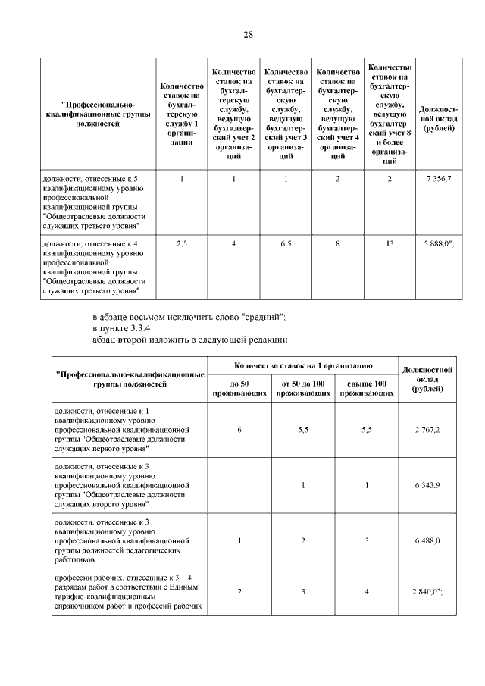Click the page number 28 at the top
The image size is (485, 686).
coord(248,35)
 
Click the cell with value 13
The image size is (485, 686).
coord(390,243)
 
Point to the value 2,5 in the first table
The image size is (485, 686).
coord(182,243)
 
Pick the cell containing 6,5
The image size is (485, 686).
coord(286,243)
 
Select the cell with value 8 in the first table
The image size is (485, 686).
coord(338,243)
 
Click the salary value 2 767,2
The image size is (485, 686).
coord(427,429)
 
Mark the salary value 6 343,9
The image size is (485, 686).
coord(427,485)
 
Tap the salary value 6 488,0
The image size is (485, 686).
coord(427,540)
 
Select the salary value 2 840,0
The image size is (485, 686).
coord(427,591)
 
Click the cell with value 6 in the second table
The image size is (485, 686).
coord(239,429)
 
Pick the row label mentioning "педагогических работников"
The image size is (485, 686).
coord(121,541)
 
